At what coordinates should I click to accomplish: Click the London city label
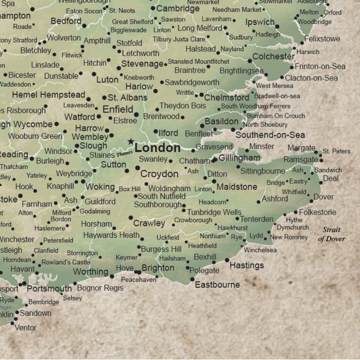coord(157,148)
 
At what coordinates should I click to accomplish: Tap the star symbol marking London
coord(130,142)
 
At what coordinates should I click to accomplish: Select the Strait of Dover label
coord(332,234)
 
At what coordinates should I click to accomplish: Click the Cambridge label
coord(178,9)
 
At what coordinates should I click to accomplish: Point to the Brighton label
coord(158,268)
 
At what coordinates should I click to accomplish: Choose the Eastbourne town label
coord(217,285)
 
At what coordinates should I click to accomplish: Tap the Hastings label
coord(247,265)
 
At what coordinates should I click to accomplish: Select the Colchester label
coord(274,56)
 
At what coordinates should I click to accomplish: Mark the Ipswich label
coord(260,22)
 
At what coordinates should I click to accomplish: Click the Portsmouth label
coord(49,288)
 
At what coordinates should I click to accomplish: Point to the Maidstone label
coord(237,186)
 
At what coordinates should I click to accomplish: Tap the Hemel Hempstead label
coord(48,95)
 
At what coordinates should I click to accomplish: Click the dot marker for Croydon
coord(137,168)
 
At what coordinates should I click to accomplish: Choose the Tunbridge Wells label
coord(214,212)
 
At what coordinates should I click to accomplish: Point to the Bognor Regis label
coord(100,288)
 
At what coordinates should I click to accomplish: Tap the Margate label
coord(301,148)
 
